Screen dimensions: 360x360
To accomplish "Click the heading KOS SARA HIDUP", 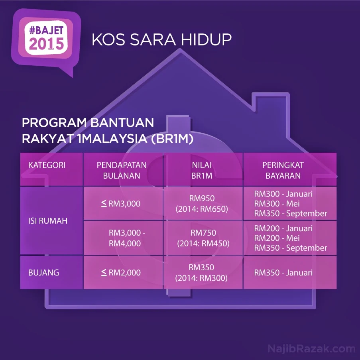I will [x=161, y=40].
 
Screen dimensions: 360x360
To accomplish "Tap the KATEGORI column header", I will [x=47, y=165].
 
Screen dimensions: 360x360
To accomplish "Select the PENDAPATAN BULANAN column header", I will [x=122, y=170].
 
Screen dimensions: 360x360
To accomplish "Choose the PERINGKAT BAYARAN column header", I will [x=283, y=170].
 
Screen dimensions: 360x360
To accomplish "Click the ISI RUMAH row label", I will [x=48, y=221].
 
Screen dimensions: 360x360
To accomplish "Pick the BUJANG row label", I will [x=44, y=273].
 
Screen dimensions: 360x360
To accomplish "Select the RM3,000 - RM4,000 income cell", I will [x=125, y=238].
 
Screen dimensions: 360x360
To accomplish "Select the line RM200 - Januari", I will [x=283, y=228].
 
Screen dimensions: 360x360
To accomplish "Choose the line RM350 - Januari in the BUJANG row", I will [x=283, y=273].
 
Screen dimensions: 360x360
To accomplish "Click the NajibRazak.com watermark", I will [x=311, y=348].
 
